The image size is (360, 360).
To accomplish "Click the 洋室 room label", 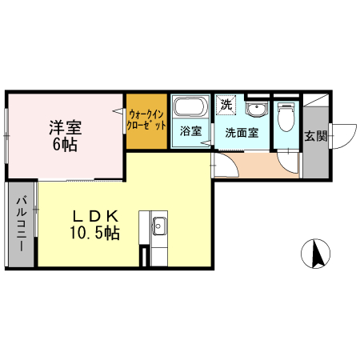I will (65, 126).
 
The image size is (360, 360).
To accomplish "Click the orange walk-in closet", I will (146, 120).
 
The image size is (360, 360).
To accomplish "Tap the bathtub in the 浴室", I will (190, 108).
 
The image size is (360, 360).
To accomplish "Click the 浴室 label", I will (190, 131).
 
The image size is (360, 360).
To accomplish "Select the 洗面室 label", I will (241, 132).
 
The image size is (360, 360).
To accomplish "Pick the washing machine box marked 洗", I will (226, 104).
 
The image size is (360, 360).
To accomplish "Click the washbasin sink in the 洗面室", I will (256, 110).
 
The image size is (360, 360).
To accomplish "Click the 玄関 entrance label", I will (315, 135).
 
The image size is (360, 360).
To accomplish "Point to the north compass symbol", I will (316, 254).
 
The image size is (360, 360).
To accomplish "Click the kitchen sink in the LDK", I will (158, 226).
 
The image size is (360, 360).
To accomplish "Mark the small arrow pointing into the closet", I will (122, 112).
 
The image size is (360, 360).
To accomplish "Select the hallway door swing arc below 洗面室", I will (227, 164).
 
